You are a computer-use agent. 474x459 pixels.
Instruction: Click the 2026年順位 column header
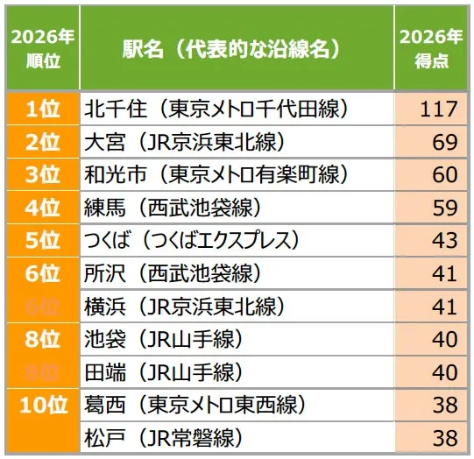(x=42, y=48)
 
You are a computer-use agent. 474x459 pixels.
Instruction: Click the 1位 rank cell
(x=42, y=109)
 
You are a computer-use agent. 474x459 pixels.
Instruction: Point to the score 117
(x=438, y=109)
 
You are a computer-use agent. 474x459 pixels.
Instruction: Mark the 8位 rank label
(x=42, y=338)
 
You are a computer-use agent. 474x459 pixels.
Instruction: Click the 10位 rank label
(x=42, y=404)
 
